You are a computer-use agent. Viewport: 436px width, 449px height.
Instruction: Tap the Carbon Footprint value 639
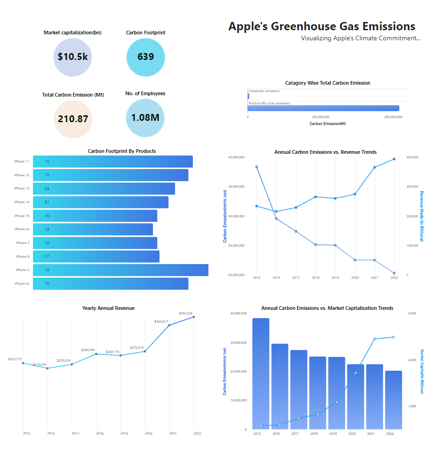[x=146, y=57]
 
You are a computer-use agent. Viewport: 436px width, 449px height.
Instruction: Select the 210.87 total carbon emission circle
[x=73, y=119]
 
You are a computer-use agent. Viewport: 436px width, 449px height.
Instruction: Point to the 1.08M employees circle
[x=145, y=118]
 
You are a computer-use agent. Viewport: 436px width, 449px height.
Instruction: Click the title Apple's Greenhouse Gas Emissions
[x=322, y=27]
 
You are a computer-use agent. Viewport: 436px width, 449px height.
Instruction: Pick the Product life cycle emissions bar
[x=323, y=108]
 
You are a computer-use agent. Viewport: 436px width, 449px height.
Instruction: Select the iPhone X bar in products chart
[x=120, y=270]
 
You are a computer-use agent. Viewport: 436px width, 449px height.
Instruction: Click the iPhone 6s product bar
[x=93, y=229]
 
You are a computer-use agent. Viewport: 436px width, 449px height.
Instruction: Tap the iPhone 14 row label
[x=22, y=202]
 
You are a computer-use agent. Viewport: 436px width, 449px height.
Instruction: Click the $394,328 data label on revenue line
[x=185, y=314]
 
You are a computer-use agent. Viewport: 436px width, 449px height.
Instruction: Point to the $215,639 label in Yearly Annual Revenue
[x=39, y=365]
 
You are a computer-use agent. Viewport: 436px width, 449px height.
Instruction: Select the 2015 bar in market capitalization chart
[x=261, y=373]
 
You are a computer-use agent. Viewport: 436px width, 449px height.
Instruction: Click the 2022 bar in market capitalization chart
[x=393, y=400]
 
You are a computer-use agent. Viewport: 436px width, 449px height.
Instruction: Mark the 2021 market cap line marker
[x=375, y=339]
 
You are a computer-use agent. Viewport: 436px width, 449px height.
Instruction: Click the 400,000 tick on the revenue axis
[x=413, y=157]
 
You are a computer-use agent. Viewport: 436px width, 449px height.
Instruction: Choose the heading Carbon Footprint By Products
[x=122, y=151]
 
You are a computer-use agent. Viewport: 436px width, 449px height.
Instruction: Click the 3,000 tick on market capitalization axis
[x=411, y=314]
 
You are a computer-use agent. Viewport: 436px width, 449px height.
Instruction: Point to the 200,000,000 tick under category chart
[x=393, y=117]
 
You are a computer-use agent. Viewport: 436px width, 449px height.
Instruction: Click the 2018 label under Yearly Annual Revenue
[x=99, y=433]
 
